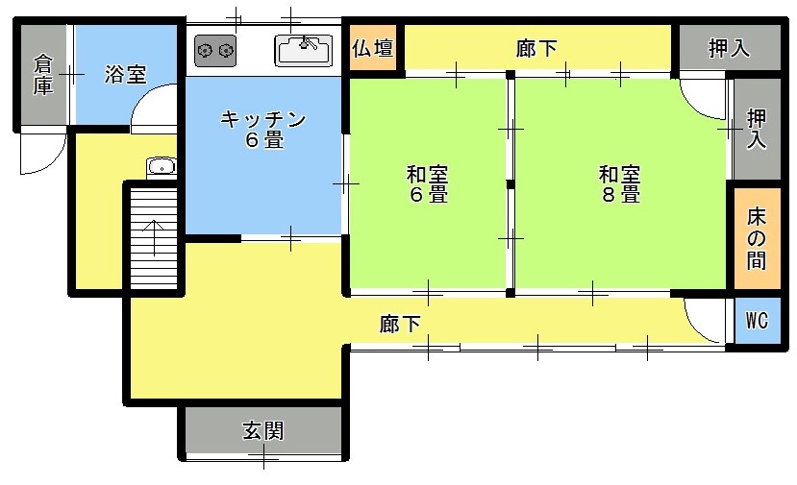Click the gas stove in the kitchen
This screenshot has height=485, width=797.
pyautogui.click(x=215, y=50)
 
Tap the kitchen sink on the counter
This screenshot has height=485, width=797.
pyautogui.click(x=304, y=50)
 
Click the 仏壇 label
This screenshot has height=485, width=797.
pyautogui.click(x=373, y=49)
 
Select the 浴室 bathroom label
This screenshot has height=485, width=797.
pyautogui.click(x=126, y=75)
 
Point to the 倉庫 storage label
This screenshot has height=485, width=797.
pyautogui.click(x=43, y=75)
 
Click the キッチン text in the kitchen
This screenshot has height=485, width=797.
pyautogui.click(x=263, y=119)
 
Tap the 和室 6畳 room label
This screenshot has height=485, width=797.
pyautogui.click(x=428, y=183)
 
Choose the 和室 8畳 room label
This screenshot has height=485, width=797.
pyautogui.click(x=619, y=183)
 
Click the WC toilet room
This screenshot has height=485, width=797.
pyautogui.click(x=757, y=321)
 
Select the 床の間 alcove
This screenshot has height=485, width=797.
pyautogui.click(x=757, y=238)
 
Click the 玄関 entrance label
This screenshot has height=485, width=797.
pyautogui.click(x=262, y=431)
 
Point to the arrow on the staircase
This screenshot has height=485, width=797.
pyautogui.click(x=153, y=237)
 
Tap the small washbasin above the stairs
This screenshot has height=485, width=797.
pyautogui.click(x=162, y=166)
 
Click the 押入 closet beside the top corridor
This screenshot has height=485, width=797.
pyautogui.click(x=730, y=48)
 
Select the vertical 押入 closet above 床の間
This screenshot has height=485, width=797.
pyautogui.click(x=757, y=129)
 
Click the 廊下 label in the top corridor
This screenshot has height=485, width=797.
pyautogui.click(x=536, y=49)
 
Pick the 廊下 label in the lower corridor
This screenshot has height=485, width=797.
pyautogui.click(x=400, y=324)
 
